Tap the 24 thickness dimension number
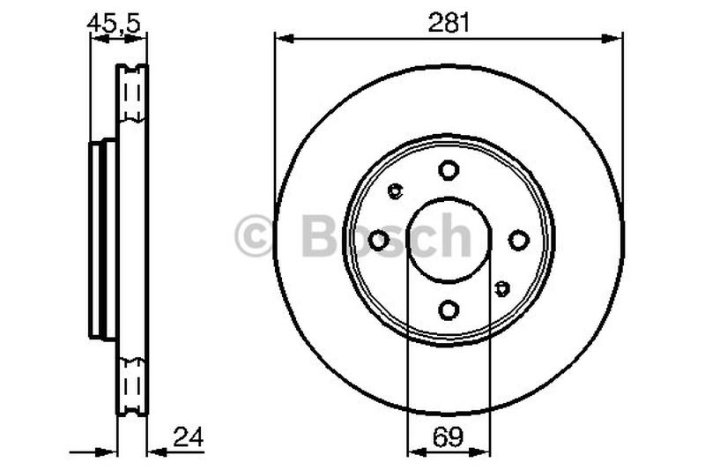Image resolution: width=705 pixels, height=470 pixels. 185,435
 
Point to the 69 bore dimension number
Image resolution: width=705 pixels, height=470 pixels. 449,435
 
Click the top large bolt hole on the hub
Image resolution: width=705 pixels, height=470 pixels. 449,169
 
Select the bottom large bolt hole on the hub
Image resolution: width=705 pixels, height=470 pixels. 449,310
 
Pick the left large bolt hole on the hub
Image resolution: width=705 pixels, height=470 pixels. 379,240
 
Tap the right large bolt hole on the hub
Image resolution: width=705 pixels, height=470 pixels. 518,240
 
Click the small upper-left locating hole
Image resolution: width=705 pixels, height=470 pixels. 395,190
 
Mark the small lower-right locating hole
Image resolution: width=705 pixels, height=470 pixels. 502,288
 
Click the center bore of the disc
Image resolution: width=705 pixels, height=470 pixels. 449,240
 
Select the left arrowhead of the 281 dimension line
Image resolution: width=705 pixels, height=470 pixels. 282,37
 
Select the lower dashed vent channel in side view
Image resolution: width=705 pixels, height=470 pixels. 133,384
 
